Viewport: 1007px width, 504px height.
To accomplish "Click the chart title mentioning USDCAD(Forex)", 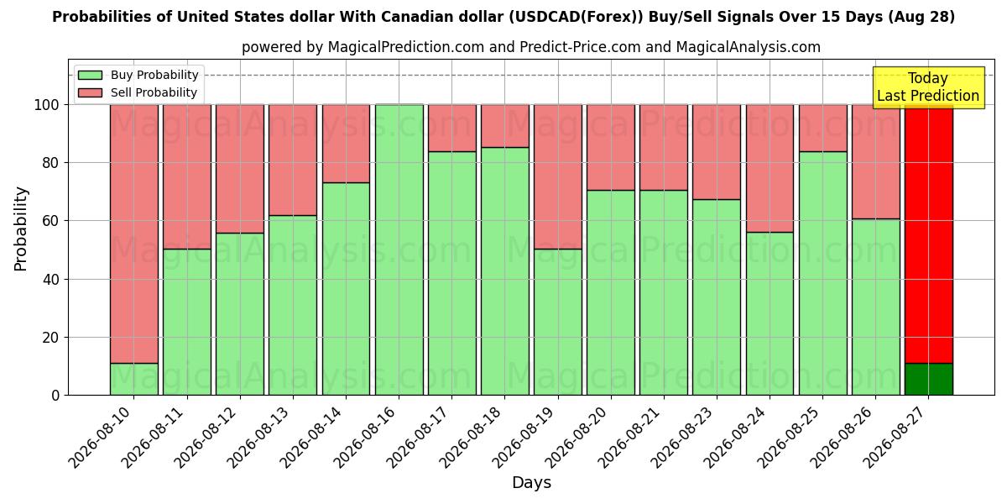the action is click(x=503, y=17).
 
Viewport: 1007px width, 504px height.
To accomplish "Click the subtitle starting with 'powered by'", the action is click(x=531, y=47).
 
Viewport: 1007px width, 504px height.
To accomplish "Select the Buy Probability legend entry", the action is click(x=138, y=75).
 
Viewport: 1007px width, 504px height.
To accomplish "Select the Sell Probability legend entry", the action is click(x=138, y=92).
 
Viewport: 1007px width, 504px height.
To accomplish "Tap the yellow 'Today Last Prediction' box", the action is click(x=928, y=87).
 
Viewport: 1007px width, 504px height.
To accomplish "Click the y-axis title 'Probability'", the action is click(x=21, y=228).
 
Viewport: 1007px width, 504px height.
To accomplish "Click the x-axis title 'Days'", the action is click(x=531, y=483).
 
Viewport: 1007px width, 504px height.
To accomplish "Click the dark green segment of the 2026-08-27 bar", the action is click(x=929, y=380).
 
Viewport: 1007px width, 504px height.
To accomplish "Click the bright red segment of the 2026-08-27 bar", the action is click(x=929, y=234).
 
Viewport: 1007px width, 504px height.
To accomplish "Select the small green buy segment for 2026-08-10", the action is click(x=134, y=380).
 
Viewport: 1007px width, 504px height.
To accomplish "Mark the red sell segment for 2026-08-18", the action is click(x=505, y=126).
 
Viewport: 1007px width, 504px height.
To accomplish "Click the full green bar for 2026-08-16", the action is click(x=399, y=250).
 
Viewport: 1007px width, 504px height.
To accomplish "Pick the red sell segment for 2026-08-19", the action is click(x=558, y=177).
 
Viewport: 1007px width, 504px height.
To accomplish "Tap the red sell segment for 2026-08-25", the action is click(x=822, y=129).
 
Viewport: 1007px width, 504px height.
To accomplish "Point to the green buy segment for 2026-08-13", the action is click(x=293, y=306).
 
